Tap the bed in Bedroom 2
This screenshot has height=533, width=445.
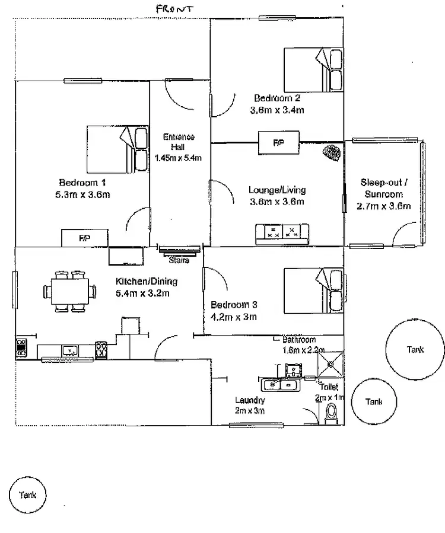point(313,70)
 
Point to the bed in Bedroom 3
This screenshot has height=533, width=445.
point(313,291)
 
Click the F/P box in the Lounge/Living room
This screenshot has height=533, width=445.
point(278,143)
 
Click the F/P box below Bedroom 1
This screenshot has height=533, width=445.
point(85,238)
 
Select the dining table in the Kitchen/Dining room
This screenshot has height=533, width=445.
point(69,291)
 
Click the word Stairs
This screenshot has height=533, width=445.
point(179,260)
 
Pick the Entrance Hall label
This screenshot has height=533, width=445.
point(179,142)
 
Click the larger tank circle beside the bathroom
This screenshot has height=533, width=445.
point(415,350)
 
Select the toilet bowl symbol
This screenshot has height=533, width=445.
point(331,413)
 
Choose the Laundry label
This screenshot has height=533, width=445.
point(249,400)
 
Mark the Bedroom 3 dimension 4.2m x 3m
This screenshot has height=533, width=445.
point(234,317)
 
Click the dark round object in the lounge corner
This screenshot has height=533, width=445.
point(332,153)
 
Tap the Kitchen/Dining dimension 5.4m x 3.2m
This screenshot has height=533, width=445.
point(146,293)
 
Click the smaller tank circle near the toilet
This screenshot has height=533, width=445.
point(374,402)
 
